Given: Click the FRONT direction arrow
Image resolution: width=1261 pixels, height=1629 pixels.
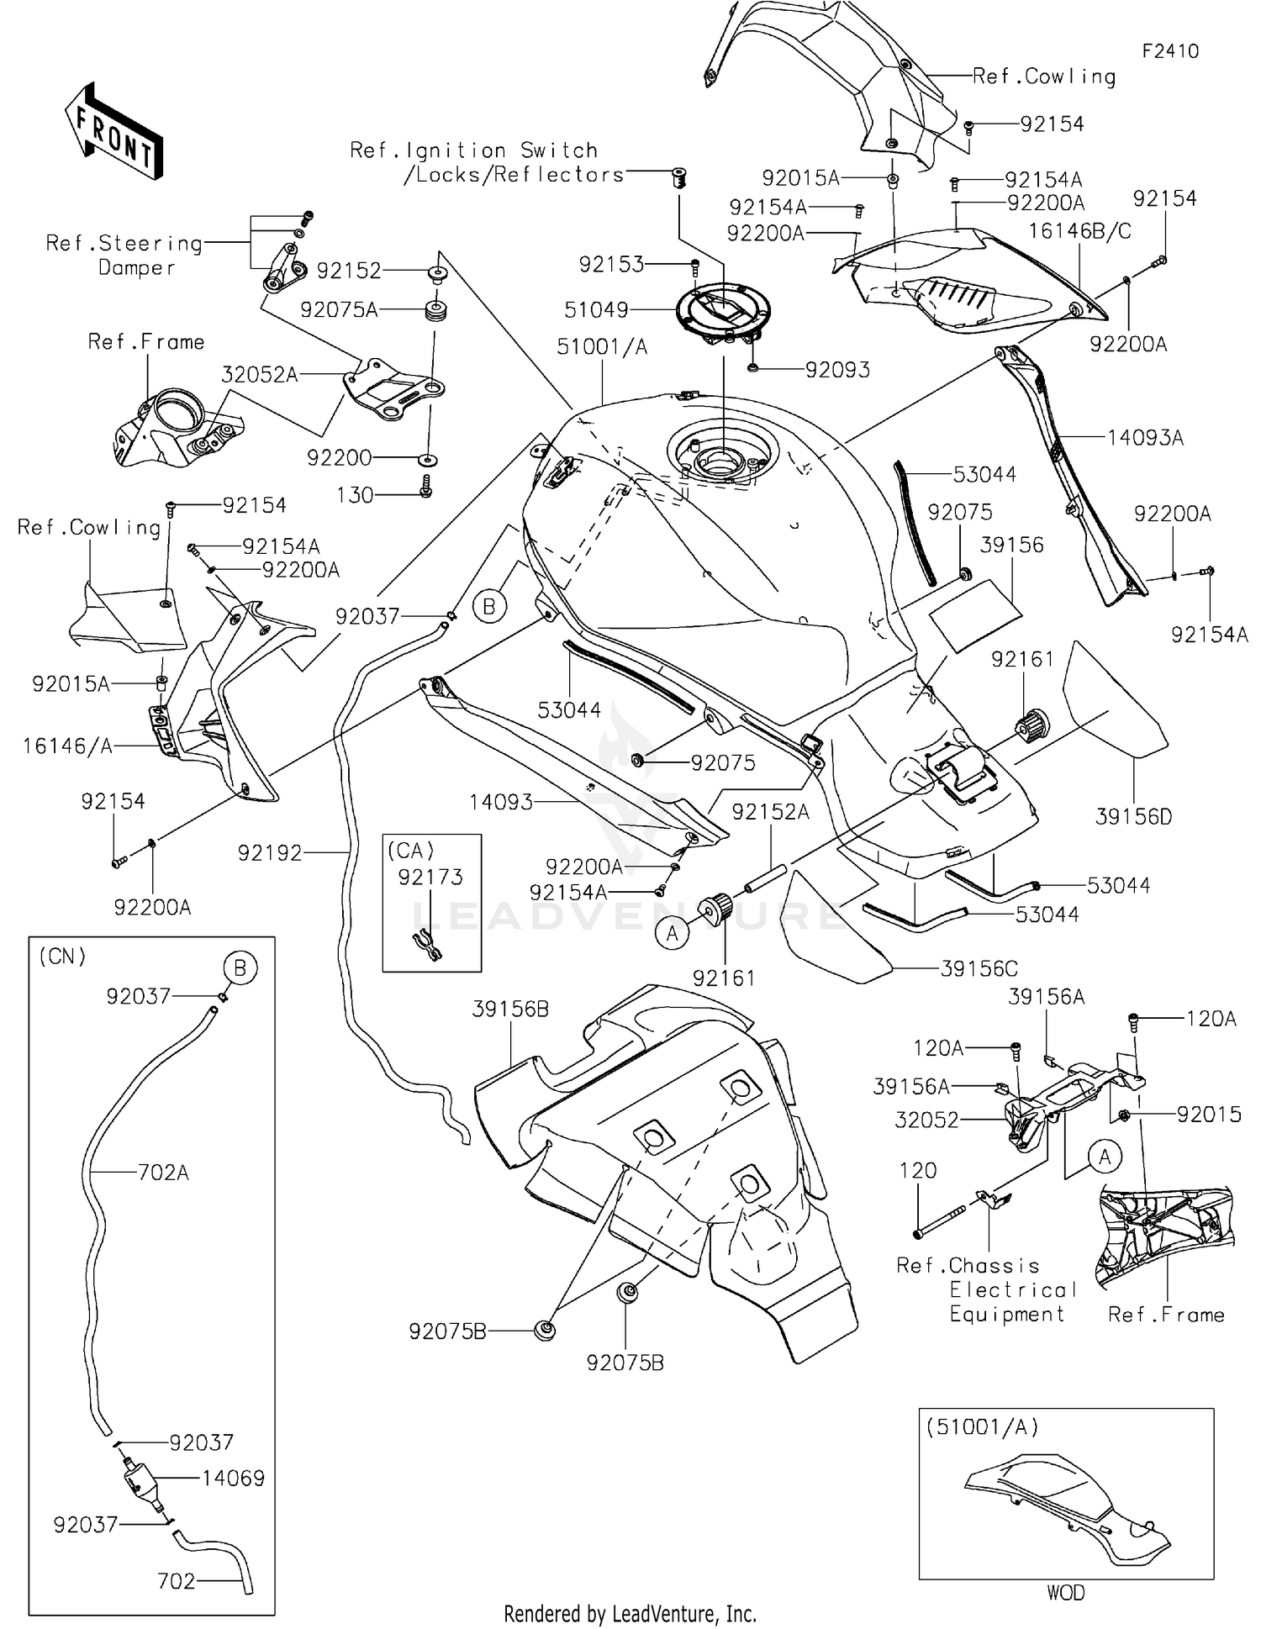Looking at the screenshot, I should [113, 131].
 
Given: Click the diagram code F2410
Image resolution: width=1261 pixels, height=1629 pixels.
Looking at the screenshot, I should [1170, 51].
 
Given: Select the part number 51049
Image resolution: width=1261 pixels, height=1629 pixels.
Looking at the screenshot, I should [596, 310].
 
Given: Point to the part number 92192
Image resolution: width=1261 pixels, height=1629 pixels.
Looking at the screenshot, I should [269, 853].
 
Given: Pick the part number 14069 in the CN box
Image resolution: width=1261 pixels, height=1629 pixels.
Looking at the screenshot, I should [233, 1478].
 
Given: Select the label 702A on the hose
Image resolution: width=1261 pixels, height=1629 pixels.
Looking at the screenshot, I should [163, 1172].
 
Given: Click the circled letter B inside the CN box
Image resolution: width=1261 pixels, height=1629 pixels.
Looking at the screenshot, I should [240, 968].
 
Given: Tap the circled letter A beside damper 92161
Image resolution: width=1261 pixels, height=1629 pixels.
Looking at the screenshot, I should [672, 933].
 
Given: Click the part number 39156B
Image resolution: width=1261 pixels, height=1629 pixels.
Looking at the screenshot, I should [510, 1010].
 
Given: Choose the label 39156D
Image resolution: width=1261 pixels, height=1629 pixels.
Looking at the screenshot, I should [1133, 816].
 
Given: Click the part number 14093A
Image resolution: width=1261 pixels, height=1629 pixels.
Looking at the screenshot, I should [1145, 437].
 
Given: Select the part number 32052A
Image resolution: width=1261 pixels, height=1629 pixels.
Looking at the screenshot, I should [260, 375].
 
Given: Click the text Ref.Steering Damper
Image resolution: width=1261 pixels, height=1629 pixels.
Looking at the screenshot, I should [124, 256].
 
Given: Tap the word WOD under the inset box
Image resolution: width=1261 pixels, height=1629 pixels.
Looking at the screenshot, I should [1065, 1593].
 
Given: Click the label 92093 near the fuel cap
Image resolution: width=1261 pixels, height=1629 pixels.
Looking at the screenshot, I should [837, 370].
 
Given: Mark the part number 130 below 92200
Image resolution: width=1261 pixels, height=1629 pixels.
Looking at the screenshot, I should [355, 495].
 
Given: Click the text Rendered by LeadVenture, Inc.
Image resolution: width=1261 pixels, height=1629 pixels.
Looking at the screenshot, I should [630, 1614].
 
